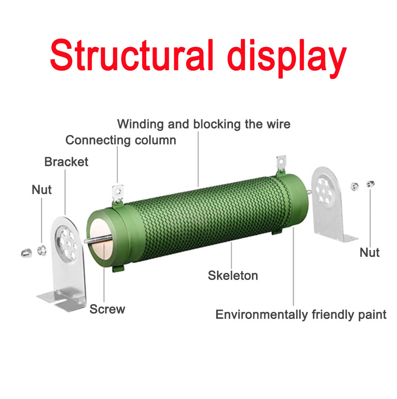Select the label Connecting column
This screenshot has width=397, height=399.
120,140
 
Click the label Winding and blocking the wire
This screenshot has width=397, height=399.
203,124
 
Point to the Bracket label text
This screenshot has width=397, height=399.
66,162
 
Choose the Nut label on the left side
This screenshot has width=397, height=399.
42,190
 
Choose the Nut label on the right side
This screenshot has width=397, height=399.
369,252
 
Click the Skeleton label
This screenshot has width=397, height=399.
233,275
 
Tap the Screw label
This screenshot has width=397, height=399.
107,309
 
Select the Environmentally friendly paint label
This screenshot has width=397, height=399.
301,315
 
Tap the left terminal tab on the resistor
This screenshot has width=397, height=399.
118,193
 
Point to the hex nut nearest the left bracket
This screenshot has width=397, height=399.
42,249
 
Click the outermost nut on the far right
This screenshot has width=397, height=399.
370,183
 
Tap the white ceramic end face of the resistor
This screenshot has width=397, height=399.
100,243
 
